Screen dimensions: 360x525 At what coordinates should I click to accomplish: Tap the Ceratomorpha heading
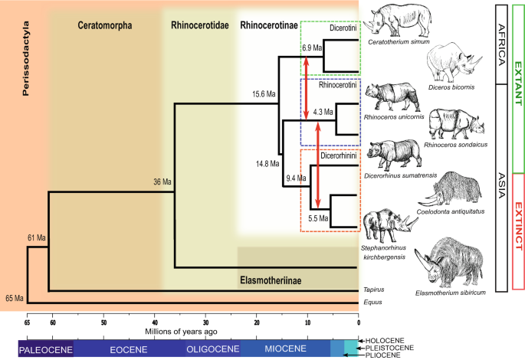(105, 25)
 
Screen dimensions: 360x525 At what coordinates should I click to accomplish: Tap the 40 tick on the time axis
(155, 322)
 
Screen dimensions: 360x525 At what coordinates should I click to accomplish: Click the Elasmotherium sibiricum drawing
(458, 260)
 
